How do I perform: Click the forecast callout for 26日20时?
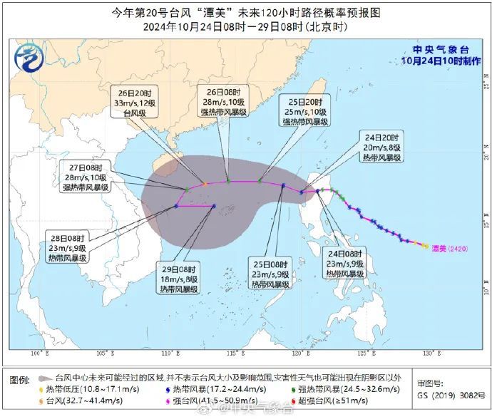pyautogui.click(x=133, y=103)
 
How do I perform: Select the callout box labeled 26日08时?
pyautogui.click(x=220, y=103)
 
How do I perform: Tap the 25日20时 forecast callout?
pyautogui.click(x=304, y=112)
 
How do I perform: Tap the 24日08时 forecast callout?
pyautogui.click(x=345, y=263)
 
